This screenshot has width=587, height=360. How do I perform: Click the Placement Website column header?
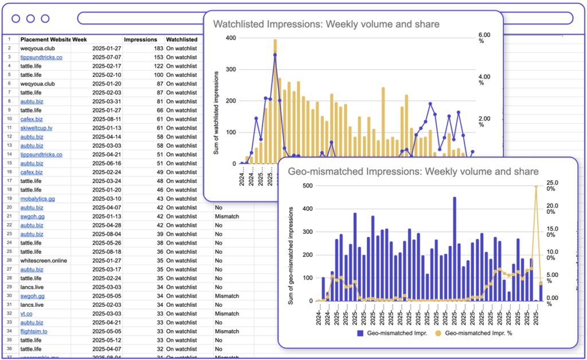pyautogui.click(x=46, y=40)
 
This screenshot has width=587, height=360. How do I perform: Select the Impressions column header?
pyautogui.click(x=140, y=40)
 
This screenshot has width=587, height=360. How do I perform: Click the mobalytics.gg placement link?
pyautogui.click(x=37, y=198)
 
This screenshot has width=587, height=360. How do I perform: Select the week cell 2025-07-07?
pyautogui.click(x=105, y=57)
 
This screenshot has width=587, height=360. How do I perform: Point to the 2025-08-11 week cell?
pyautogui.click(x=105, y=119)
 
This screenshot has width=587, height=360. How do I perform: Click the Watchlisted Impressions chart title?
pyautogui.click(x=326, y=24)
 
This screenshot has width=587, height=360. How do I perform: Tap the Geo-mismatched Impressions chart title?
pyautogui.click(x=413, y=171)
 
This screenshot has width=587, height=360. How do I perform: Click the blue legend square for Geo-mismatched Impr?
pyautogui.click(x=360, y=332)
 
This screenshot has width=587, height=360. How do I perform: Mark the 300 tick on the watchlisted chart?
pyautogui.click(x=230, y=69)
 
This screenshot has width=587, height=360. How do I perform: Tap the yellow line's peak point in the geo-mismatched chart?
pyautogui.click(x=537, y=186)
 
